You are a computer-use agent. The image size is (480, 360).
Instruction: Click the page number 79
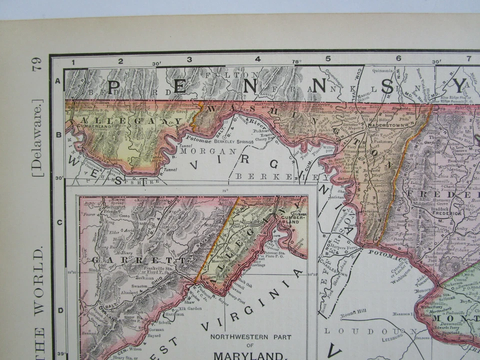36,63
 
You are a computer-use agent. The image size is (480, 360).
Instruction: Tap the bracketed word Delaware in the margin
38,137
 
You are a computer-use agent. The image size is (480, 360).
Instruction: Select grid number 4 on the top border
257,59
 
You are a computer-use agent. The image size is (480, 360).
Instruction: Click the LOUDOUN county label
369,331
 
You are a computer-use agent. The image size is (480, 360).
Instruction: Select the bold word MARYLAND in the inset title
246,355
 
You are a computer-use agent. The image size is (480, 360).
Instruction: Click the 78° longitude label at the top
296,61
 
